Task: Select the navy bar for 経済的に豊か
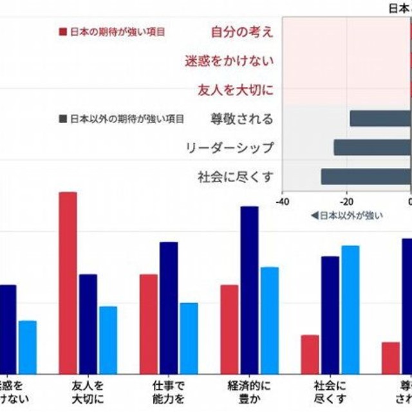click(249, 289)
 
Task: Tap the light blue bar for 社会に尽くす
click(350, 309)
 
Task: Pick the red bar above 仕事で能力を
click(149, 323)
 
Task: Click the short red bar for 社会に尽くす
click(310, 353)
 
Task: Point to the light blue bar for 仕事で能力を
click(189, 337)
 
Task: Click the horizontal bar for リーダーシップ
click(372, 147)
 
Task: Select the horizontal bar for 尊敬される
click(380, 118)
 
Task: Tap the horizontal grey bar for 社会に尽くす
click(366, 177)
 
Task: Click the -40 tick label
click(282, 201)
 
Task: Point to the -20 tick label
click(346, 201)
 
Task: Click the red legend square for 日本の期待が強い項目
click(62, 31)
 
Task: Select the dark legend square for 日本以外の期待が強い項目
click(62, 118)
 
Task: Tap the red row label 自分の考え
click(242, 32)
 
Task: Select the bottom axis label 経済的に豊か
click(249, 392)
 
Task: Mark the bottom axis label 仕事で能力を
click(169, 392)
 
